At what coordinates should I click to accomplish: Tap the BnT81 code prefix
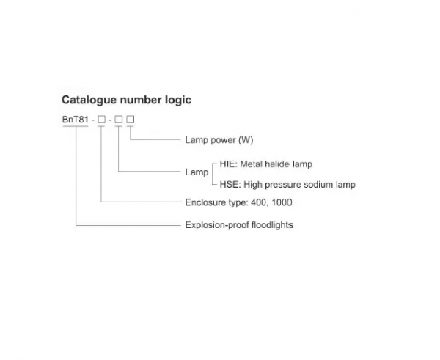pos(76,120)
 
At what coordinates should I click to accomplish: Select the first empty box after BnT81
pos(102,120)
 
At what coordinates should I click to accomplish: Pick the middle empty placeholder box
pos(119,120)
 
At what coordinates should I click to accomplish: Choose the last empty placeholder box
pos(131,120)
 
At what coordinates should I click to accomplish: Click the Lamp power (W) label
pos(219,140)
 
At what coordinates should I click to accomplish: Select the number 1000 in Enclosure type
pos(282,202)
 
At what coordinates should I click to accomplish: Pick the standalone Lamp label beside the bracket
pos(197,172)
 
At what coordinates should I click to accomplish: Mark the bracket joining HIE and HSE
pos(213,174)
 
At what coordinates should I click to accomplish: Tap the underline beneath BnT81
pos(76,126)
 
